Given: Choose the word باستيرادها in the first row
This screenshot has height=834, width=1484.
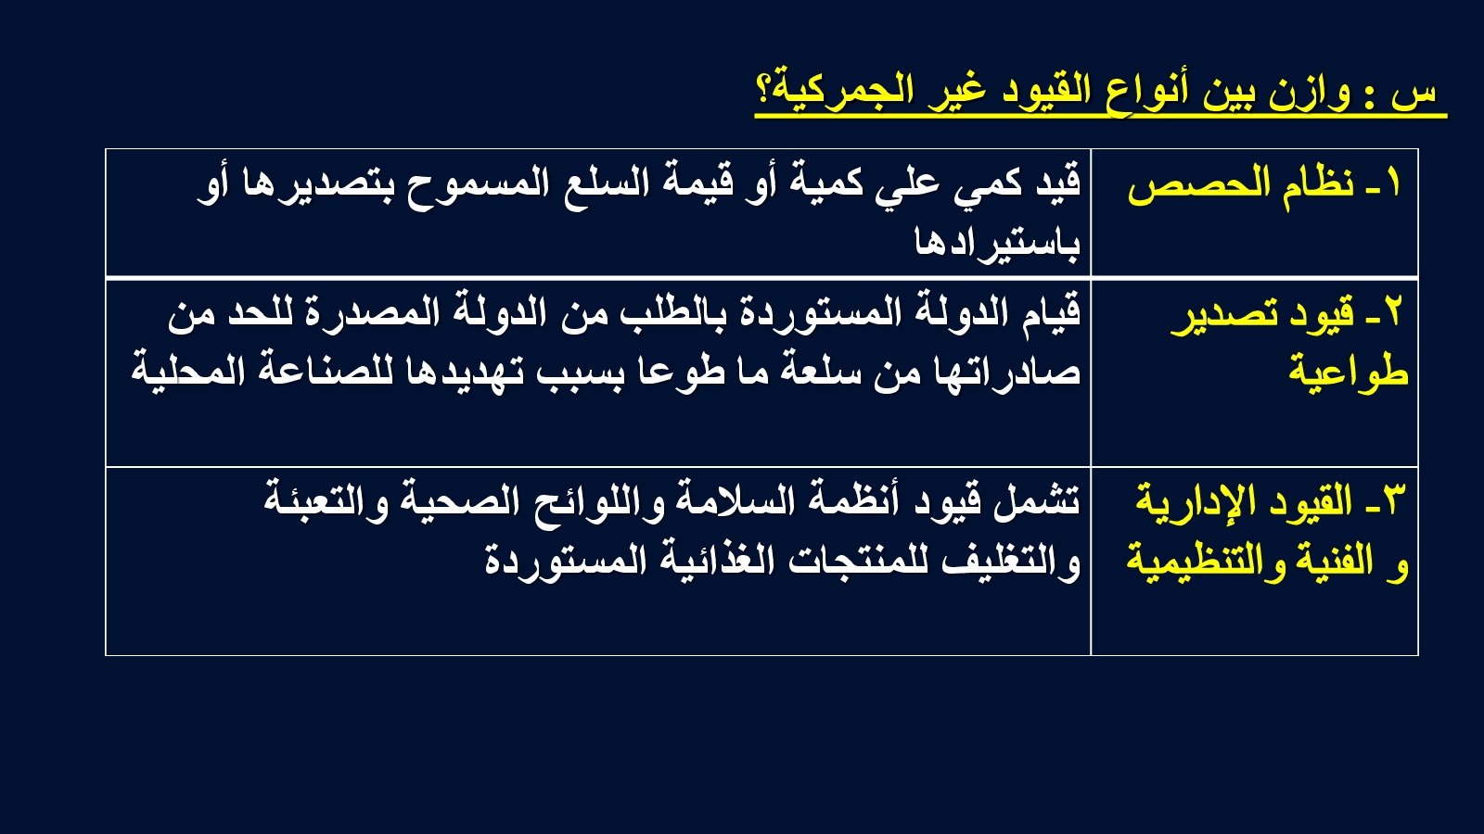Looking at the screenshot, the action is coord(997,241).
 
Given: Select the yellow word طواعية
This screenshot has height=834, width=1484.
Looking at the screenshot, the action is coord(1349,371).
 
